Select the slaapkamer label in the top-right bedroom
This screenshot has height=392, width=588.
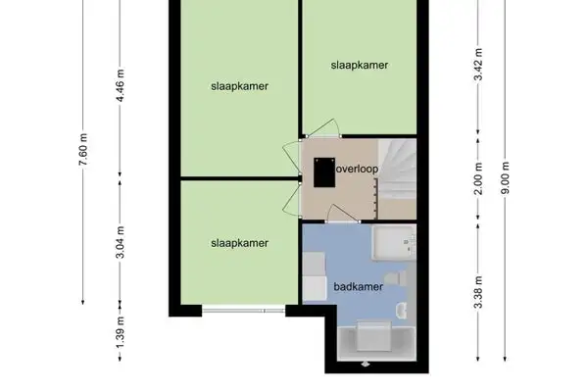360,66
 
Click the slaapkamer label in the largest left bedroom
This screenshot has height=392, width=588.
239,86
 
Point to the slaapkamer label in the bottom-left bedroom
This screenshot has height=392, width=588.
239,242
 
